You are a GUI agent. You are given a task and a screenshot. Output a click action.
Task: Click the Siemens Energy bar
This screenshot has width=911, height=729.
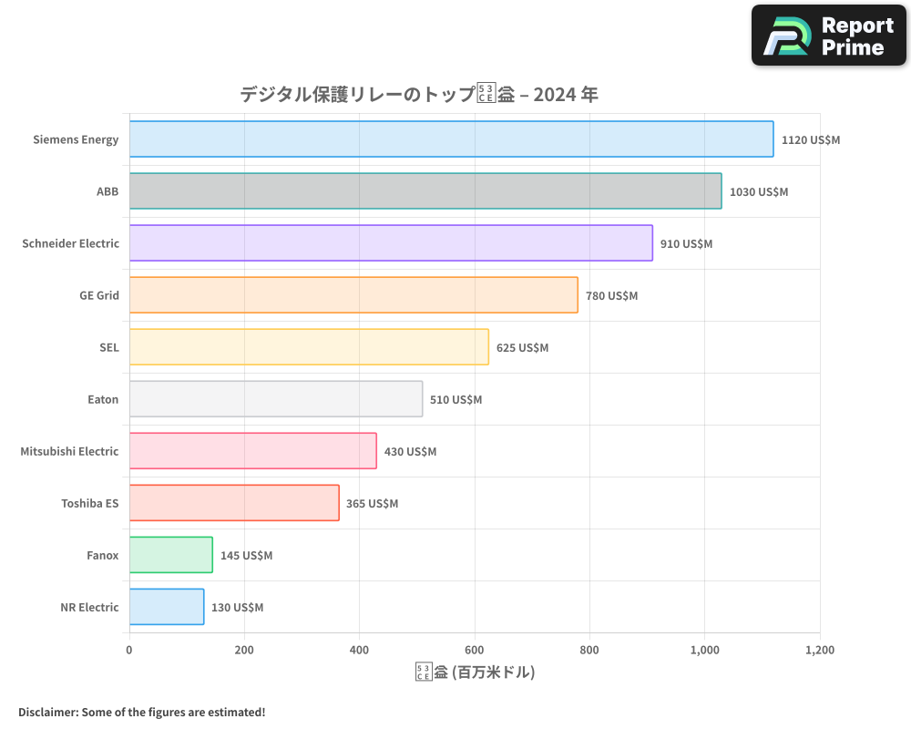pos(451,139)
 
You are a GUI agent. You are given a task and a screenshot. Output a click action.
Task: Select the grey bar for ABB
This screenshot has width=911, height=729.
pos(425,191)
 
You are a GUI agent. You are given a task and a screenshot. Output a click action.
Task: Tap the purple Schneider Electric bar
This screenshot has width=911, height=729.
pos(391,243)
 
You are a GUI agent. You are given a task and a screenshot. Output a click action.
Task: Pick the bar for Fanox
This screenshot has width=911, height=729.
pos(171,555)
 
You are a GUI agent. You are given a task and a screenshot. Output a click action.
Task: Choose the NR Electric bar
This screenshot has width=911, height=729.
pos(167,607)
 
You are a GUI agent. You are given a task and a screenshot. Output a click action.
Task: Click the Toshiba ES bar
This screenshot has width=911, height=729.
pos(234,503)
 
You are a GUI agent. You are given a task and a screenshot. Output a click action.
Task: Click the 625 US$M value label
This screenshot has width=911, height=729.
pos(522,348)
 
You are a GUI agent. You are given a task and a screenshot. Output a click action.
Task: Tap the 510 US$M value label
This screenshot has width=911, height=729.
pos(455,400)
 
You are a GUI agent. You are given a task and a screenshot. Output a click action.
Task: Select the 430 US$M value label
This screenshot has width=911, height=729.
pos(410,452)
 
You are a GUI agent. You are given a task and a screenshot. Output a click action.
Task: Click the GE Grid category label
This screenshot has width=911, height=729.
pos(99,295)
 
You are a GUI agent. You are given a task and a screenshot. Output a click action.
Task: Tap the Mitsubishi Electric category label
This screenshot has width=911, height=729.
pos(69,451)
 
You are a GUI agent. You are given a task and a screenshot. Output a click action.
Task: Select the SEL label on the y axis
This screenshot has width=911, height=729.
pos(109,347)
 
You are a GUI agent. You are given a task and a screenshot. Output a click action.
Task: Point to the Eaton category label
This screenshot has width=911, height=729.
pos(103,399)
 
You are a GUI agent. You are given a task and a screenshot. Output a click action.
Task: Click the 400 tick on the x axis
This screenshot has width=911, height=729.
pos(359,651)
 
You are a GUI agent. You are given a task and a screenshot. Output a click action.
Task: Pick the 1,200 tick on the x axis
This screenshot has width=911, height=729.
pos(819,651)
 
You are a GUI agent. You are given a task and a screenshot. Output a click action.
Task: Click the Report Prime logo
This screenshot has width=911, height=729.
pos(828,36)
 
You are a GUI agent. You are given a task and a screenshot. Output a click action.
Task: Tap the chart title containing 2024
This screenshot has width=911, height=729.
pos(418,95)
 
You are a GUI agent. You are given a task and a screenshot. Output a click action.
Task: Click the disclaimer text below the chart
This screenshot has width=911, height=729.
pos(141,712)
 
